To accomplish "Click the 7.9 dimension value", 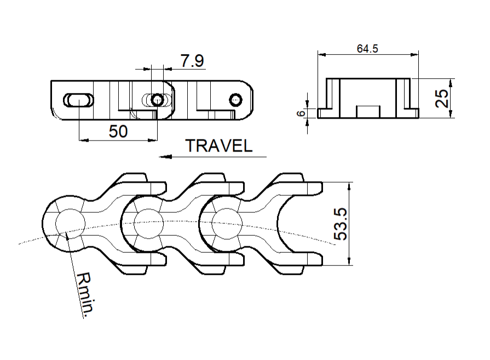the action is pos(192,61).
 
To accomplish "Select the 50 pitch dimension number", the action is pos(118,131).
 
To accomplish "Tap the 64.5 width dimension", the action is pos(367,49).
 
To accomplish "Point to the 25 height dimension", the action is pos(442,98).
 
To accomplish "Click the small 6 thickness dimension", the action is pos(301,113).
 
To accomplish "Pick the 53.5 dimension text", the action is pos(341,224).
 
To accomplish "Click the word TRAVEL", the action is pos(219,146).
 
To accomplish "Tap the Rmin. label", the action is pos(85,293).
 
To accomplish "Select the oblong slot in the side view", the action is pos(78,100).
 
